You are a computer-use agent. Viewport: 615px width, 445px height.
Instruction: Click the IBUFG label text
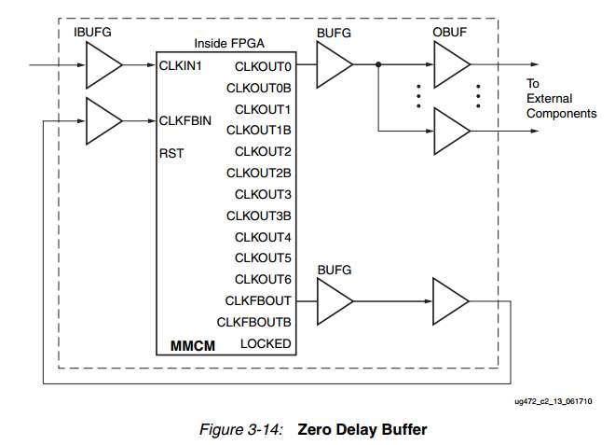(x=93, y=34)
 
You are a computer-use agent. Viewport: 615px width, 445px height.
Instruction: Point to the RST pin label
(x=171, y=153)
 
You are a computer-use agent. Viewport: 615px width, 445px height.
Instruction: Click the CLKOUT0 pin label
(x=264, y=66)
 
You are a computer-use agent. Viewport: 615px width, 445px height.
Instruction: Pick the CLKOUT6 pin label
(x=264, y=279)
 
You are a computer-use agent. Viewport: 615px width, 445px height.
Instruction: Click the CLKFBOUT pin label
(x=258, y=300)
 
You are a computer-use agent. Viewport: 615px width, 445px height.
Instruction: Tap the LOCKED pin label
(x=266, y=343)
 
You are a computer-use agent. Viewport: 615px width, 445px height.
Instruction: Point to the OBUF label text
(x=449, y=34)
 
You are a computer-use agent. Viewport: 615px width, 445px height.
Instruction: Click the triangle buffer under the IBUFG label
(x=102, y=65)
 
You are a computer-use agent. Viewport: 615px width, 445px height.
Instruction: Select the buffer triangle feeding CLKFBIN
(x=102, y=119)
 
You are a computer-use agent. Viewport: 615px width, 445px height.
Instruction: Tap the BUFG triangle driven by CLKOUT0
(x=334, y=65)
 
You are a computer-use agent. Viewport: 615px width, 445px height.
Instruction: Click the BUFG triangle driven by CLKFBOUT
(x=334, y=300)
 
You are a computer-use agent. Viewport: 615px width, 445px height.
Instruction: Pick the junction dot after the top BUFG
(x=378, y=65)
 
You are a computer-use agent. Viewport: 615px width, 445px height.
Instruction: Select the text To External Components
(x=561, y=98)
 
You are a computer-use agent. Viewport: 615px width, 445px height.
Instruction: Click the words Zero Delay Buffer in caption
(x=362, y=430)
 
